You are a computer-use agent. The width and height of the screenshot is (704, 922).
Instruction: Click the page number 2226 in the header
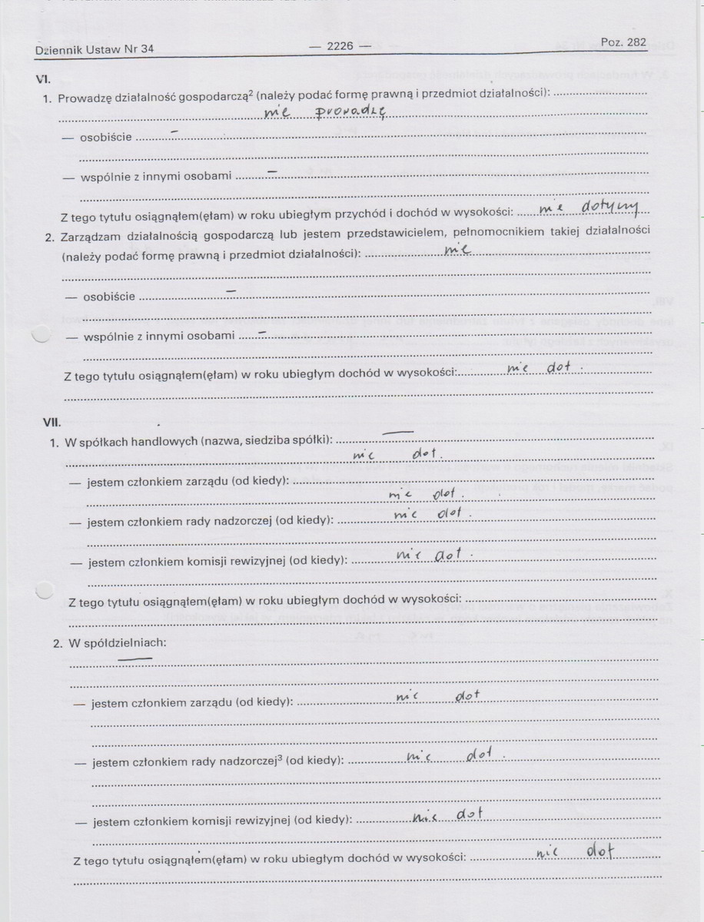(x=340, y=46)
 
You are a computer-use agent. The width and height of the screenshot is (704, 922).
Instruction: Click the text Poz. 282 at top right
(x=623, y=42)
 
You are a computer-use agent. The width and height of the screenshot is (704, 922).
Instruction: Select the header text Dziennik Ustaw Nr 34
(x=94, y=49)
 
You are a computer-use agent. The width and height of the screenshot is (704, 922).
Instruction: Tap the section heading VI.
(x=43, y=79)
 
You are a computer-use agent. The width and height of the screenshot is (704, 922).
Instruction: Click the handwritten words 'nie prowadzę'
(x=324, y=113)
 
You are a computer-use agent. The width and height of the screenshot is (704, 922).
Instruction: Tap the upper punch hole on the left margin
(x=41, y=333)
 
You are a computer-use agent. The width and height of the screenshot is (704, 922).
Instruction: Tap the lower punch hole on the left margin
(x=45, y=590)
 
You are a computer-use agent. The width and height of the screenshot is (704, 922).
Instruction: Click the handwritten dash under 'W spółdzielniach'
(x=134, y=658)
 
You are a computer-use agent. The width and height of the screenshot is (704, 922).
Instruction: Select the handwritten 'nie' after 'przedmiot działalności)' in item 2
(x=457, y=249)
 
